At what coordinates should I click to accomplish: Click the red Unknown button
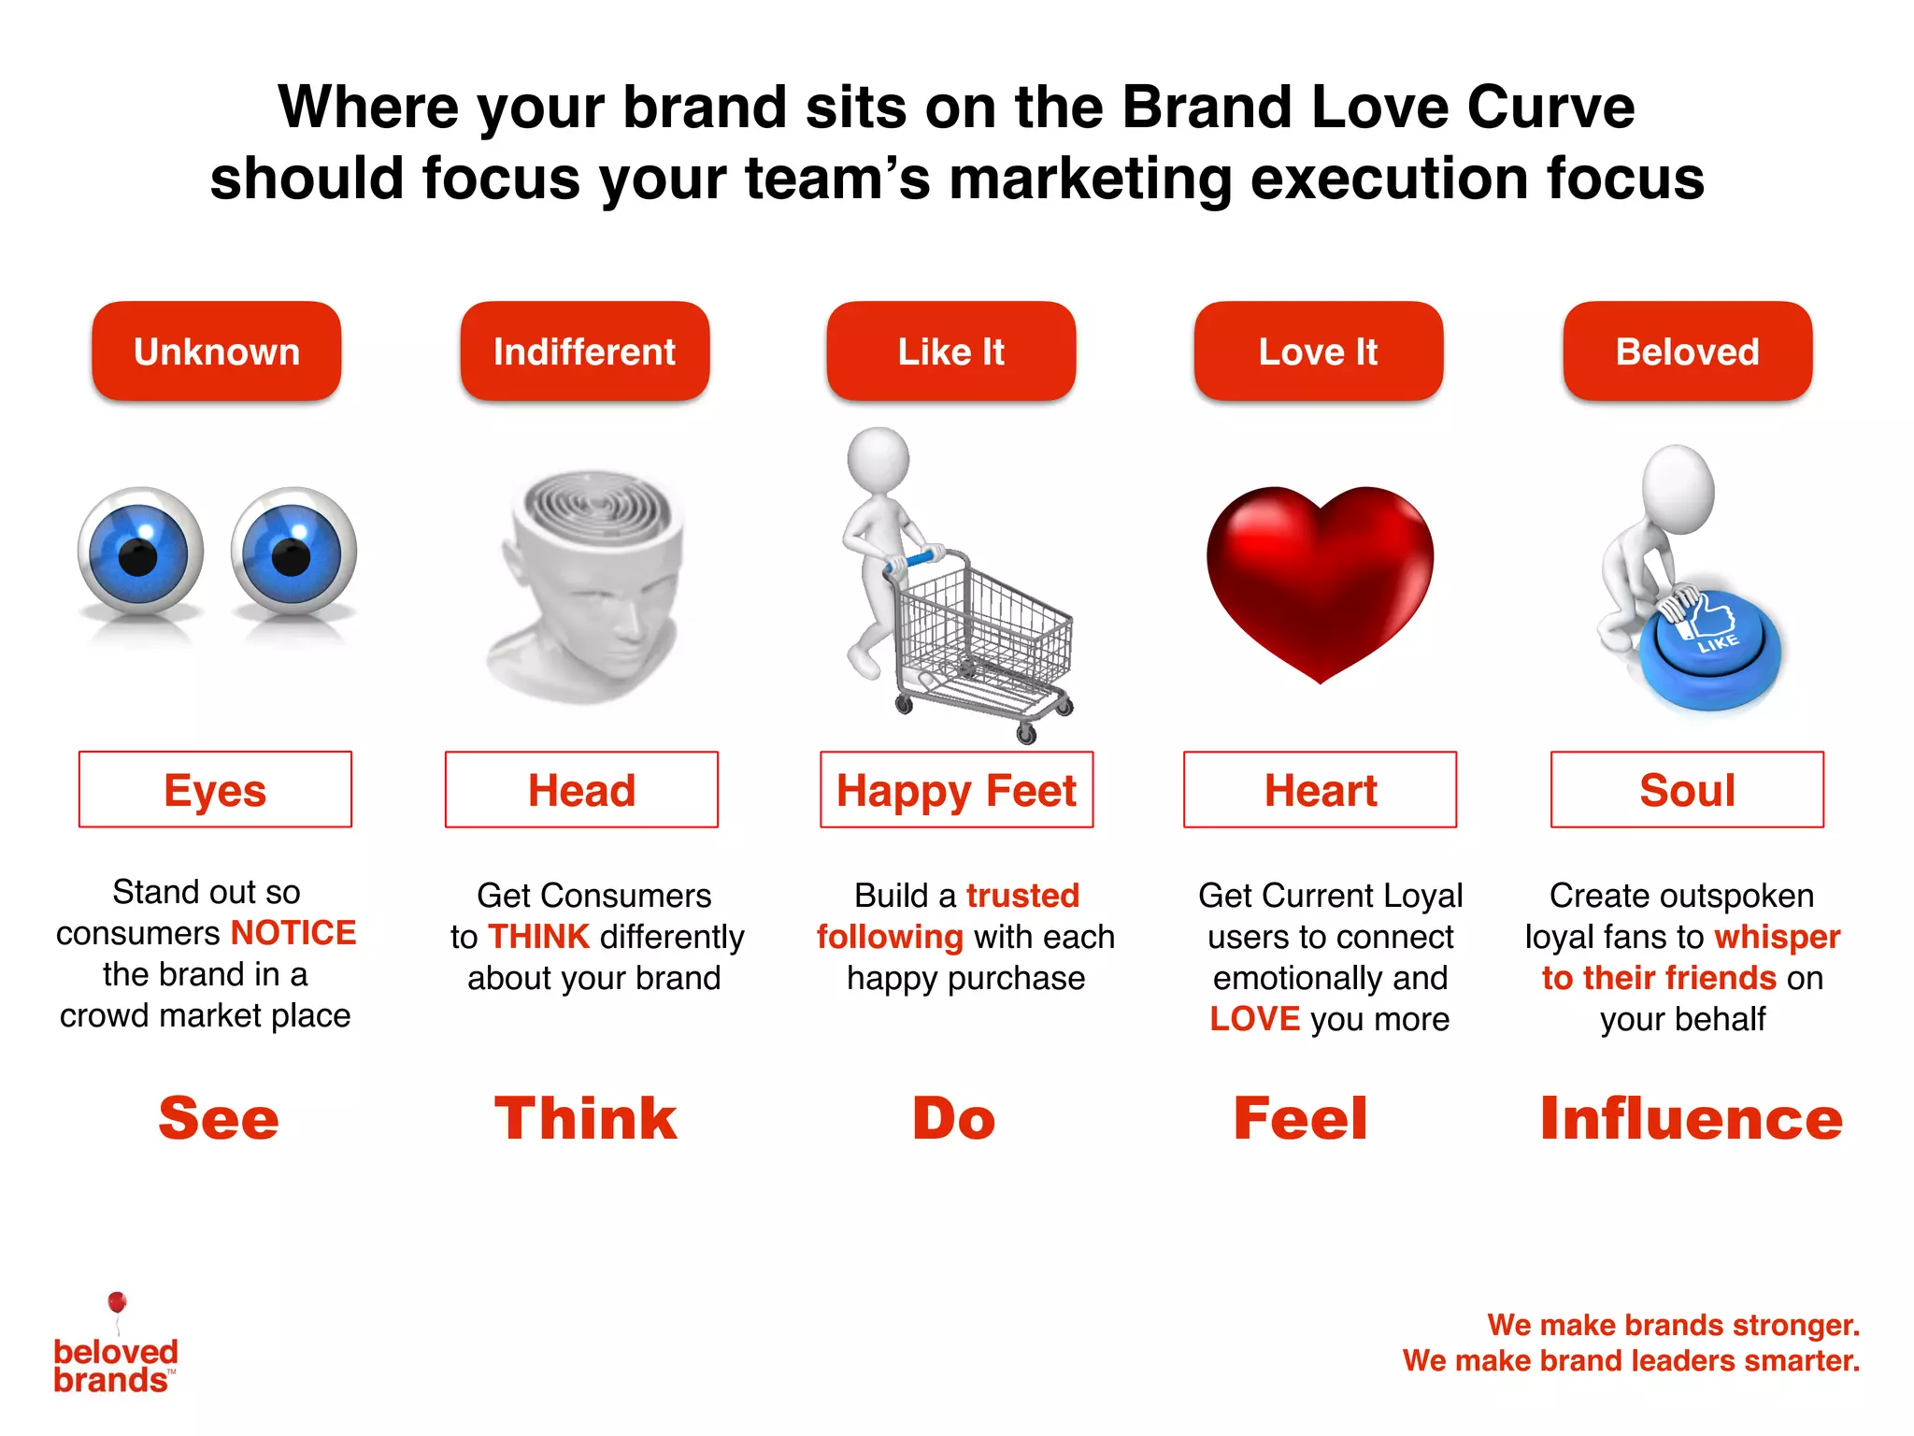coord(216,352)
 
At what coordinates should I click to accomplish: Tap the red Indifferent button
coord(584,352)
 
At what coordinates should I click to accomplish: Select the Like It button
coord(950,352)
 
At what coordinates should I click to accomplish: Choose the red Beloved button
coord(1687,352)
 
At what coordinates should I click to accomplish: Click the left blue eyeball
coord(140,552)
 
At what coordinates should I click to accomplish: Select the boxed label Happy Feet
coord(956,790)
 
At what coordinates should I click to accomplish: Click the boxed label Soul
coord(1687,790)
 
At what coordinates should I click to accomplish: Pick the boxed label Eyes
coord(215,790)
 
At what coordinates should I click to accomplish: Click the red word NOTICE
coord(293,933)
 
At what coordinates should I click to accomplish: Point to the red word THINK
coord(539,937)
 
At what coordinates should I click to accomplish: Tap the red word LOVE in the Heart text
coord(1254,1019)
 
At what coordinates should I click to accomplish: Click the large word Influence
coord(1691,1118)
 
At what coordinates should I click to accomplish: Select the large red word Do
coord(953,1118)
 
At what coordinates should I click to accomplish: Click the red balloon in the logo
coord(117,1301)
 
